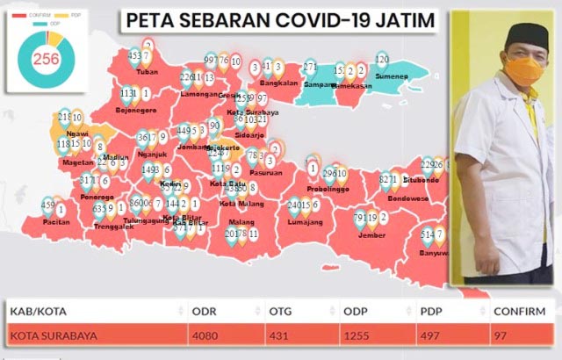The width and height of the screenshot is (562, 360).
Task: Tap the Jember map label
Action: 370,234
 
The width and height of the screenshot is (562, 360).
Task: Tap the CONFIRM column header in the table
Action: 518,311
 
